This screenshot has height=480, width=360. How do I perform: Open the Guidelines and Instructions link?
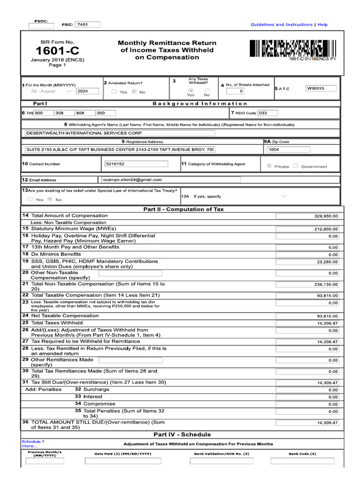(281, 24)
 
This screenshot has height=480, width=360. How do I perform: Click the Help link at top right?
(322, 24)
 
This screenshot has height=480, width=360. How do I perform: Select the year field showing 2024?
(87, 91)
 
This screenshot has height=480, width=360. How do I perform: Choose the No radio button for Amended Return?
(135, 92)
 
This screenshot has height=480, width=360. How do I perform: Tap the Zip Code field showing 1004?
(288, 150)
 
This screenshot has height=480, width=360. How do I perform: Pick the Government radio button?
(296, 166)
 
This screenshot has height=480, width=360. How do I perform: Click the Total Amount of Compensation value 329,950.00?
(307, 216)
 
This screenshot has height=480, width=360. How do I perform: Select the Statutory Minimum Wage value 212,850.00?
(307, 229)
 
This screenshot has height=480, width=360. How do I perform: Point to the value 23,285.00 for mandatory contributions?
(307, 262)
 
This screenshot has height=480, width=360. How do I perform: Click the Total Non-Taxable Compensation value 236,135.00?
(307, 285)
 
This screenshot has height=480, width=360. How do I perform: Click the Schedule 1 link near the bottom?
(33, 442)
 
